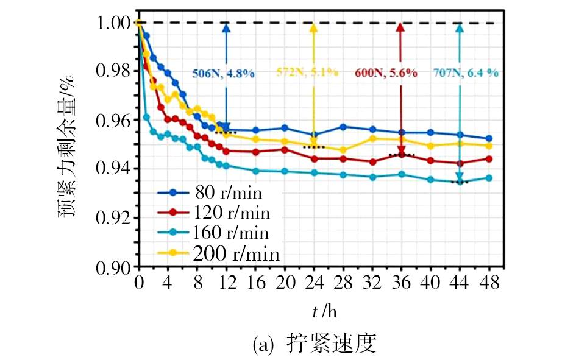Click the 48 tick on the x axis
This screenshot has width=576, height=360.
coord(489,283)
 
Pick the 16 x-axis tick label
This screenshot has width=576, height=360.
coord(255,283)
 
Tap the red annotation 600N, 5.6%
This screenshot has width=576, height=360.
coord(386,72)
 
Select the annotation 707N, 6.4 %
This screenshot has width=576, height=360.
coord(466,72)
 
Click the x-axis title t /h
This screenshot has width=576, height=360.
coord(324,312)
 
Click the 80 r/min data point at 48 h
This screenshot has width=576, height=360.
coord(489,139)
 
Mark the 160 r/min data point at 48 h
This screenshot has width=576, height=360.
coord(489,178)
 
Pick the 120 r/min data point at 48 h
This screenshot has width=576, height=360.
coord(489,159)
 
